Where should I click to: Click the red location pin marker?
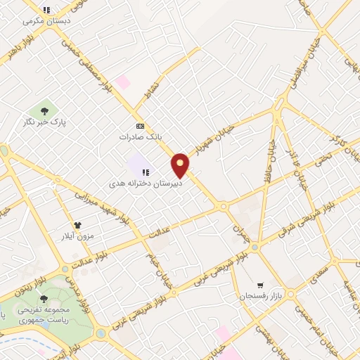(x=181, y=165)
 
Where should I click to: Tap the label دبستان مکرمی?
(x=47, y=21)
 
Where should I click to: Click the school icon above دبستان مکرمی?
(x=46, y=10)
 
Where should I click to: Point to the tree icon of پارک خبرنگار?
(x=45, y=110)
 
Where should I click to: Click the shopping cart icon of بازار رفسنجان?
(x=261, y=285)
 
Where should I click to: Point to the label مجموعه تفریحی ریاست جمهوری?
(x=47, y=315)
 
